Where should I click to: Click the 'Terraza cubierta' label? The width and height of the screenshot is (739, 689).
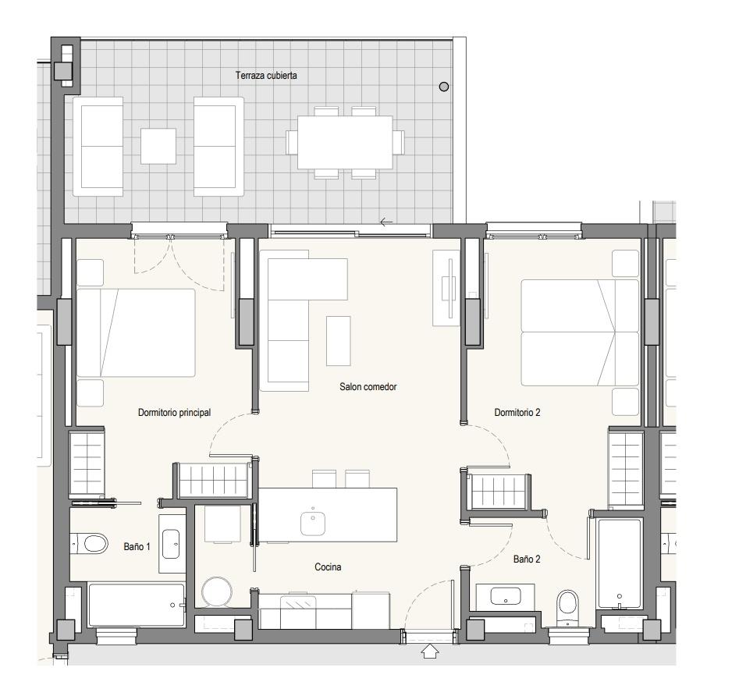[266, 76]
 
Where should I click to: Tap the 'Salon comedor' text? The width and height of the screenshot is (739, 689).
[368, 387]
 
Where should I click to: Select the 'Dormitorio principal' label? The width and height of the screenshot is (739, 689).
[174, 413]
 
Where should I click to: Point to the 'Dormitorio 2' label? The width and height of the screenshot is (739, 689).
[517, 413]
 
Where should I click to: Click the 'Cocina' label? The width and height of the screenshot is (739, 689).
[328, 567]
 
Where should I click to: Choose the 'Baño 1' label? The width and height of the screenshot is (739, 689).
[137, 547]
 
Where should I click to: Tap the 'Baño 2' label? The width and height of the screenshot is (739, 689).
[527, 559]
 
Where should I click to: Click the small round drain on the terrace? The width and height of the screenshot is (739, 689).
[444, 87]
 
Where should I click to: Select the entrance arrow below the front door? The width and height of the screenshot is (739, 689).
[430, 652]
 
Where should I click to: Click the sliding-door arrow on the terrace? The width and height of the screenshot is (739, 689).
[386, 222]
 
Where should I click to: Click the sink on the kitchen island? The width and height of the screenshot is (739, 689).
[313, 522]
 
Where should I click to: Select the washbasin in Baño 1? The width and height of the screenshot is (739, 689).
[171, 544]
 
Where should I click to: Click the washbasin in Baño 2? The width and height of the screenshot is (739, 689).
[505, 596]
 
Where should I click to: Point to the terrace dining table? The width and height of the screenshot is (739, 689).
[345, 142]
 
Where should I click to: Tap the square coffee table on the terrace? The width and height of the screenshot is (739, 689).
[158, 146]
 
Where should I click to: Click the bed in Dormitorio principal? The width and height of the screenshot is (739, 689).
[136, 332]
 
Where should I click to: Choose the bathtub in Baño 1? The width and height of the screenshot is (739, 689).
[137, 606]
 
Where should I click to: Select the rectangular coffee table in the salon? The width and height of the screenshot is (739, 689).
[339, 341]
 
